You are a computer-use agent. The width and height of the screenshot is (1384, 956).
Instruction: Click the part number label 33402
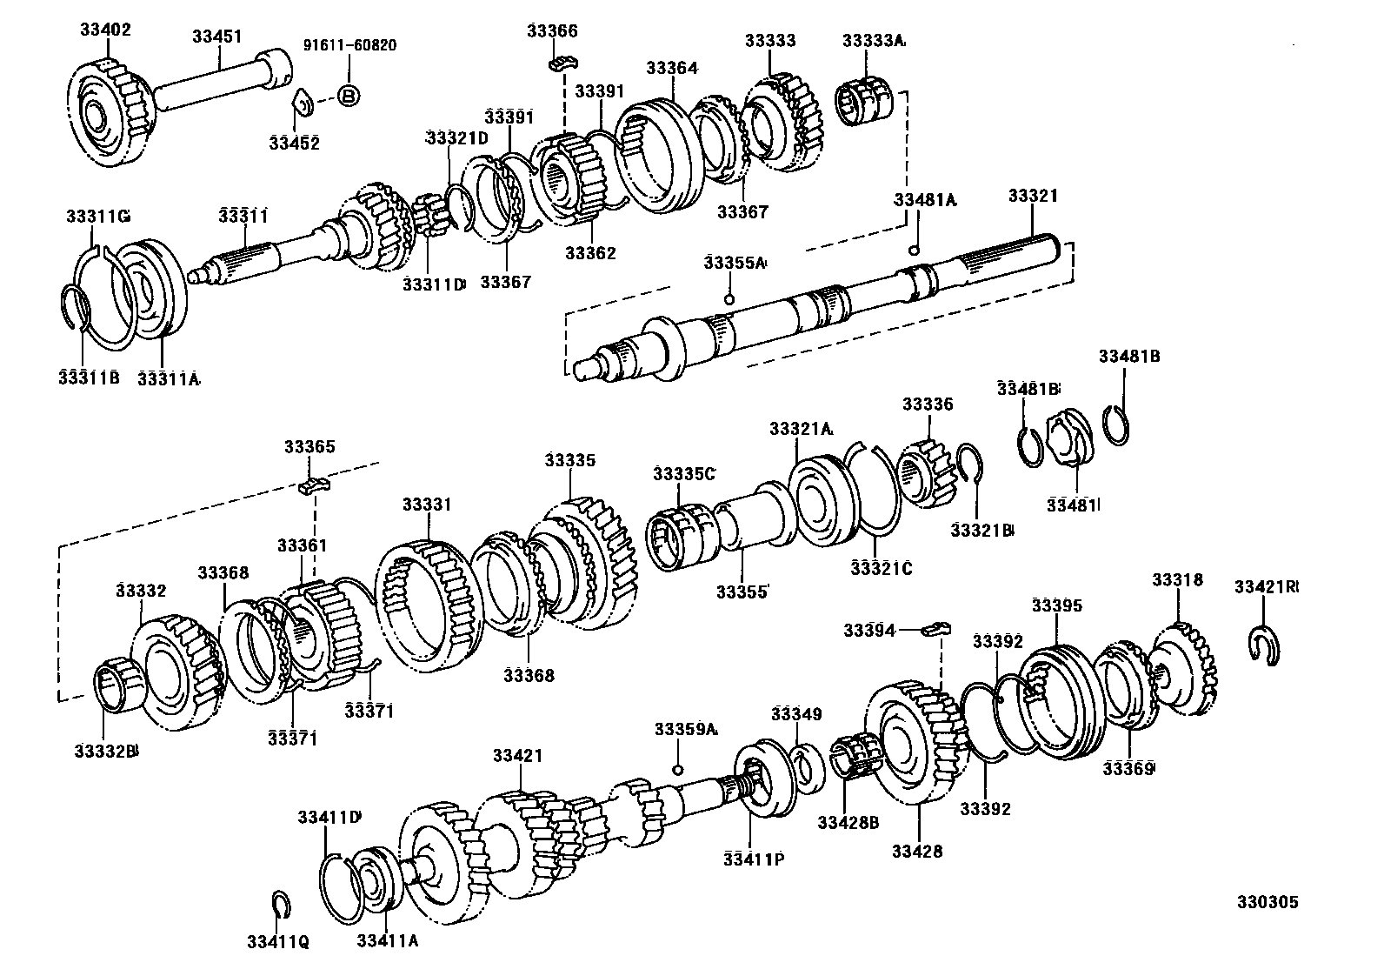point(105,30)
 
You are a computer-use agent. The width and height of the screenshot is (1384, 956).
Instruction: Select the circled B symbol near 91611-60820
point(348,97)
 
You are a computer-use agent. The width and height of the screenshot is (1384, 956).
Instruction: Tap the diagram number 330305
point(1268,902)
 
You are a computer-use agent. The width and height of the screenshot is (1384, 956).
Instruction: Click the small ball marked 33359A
point(679,770)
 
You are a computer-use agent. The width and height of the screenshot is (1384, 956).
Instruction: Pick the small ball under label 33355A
point(729,300)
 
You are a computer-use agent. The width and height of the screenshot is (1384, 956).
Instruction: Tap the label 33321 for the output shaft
point(1033,196)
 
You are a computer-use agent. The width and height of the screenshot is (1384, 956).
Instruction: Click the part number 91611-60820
point(349,45)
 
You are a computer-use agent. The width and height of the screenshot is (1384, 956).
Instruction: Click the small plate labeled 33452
point(300,103)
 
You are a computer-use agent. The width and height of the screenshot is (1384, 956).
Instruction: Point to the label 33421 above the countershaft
point(517,756)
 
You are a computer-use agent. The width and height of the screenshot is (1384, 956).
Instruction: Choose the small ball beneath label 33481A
point(914,251)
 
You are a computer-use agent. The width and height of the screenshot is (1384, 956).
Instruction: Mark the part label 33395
point(1057,605)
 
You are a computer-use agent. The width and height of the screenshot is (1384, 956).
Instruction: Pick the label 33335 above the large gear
point(570,460)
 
